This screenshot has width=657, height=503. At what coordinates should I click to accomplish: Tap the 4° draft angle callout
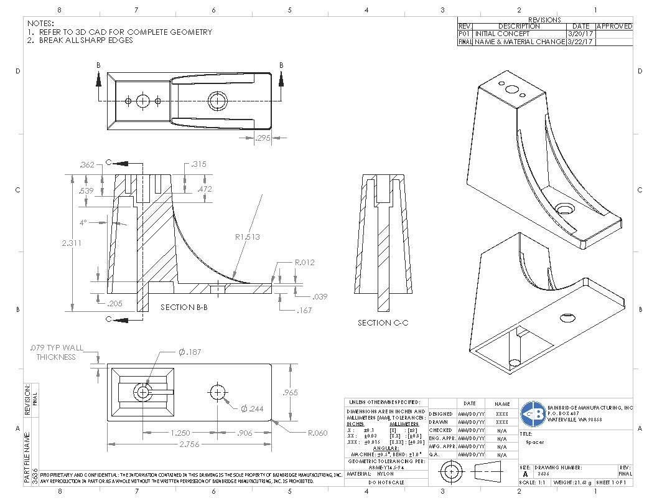[x=83, y=223]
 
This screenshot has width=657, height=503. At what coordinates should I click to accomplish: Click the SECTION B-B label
[x=184, y=308]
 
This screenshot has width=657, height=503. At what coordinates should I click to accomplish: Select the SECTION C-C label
[x=382, y=322]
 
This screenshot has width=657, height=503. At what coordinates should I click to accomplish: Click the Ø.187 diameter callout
[x=189, y=352]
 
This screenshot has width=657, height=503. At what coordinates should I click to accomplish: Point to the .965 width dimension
[x=290, y=393]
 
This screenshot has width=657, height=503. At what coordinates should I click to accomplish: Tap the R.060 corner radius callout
[x=318, y=433]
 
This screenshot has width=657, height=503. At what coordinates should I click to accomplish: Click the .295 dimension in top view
[x=263, y=139]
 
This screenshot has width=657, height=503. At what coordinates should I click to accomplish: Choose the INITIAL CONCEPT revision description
[x=503, y=34]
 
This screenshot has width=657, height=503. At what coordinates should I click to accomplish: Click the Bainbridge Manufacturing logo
[x=533, y=412]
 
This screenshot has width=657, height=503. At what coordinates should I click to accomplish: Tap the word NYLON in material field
[x=386, y=474]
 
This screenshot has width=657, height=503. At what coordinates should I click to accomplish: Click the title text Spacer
[x=534, y=443]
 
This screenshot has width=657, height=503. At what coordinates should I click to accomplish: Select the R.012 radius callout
[x=305, y=262]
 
